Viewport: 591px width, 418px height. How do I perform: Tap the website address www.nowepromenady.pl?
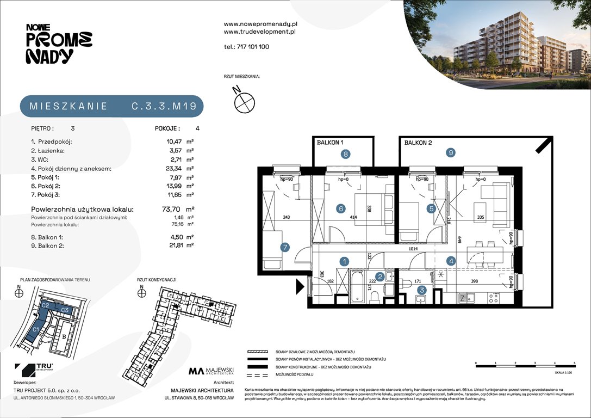(x=259, y=24)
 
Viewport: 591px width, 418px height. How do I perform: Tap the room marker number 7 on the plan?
(x=284, y=248)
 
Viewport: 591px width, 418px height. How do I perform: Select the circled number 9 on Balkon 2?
(x=451, y=153)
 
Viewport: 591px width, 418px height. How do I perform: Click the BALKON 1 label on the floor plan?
(x=331, y=143)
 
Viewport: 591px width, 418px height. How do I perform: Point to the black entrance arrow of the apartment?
(x=300, y=285)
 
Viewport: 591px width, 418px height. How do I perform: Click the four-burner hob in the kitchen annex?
(x=494, y=298)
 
